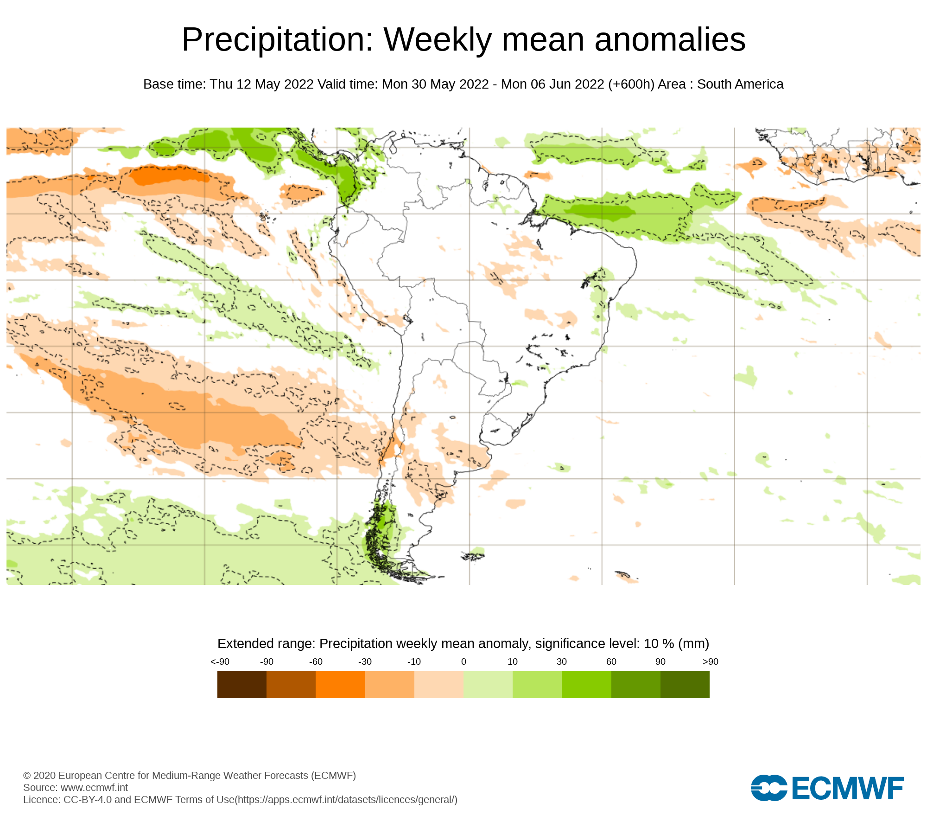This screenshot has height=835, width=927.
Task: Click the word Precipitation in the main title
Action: [x=277, y=40]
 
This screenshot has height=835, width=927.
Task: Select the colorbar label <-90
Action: [x=220, y=662]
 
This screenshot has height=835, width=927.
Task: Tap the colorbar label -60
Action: [x=316, y=662]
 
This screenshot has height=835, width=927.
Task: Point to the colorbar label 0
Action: [x=463, y=662]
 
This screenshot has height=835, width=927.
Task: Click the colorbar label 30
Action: [x=562, y=662]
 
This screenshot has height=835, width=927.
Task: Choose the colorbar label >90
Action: [x=710, y=662]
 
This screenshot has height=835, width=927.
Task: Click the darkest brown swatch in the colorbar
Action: [x=242, y=685]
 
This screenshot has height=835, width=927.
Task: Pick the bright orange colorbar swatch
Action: [x=340, y=685]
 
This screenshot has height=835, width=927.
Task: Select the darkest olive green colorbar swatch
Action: [x=685, y=685]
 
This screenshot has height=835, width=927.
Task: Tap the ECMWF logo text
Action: [x=848, y=788]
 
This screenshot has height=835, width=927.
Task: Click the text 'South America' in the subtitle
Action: [x=740, y=84]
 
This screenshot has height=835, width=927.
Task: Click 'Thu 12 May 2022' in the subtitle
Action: [x=261, y=84]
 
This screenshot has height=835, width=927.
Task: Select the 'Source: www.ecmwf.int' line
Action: [x=76, y=787]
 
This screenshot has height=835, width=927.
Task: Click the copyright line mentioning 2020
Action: [x=189, y=775]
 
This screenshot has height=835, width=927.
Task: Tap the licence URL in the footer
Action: [x=347, y=799]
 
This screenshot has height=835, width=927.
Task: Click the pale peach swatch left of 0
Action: [x=439, y=685]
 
